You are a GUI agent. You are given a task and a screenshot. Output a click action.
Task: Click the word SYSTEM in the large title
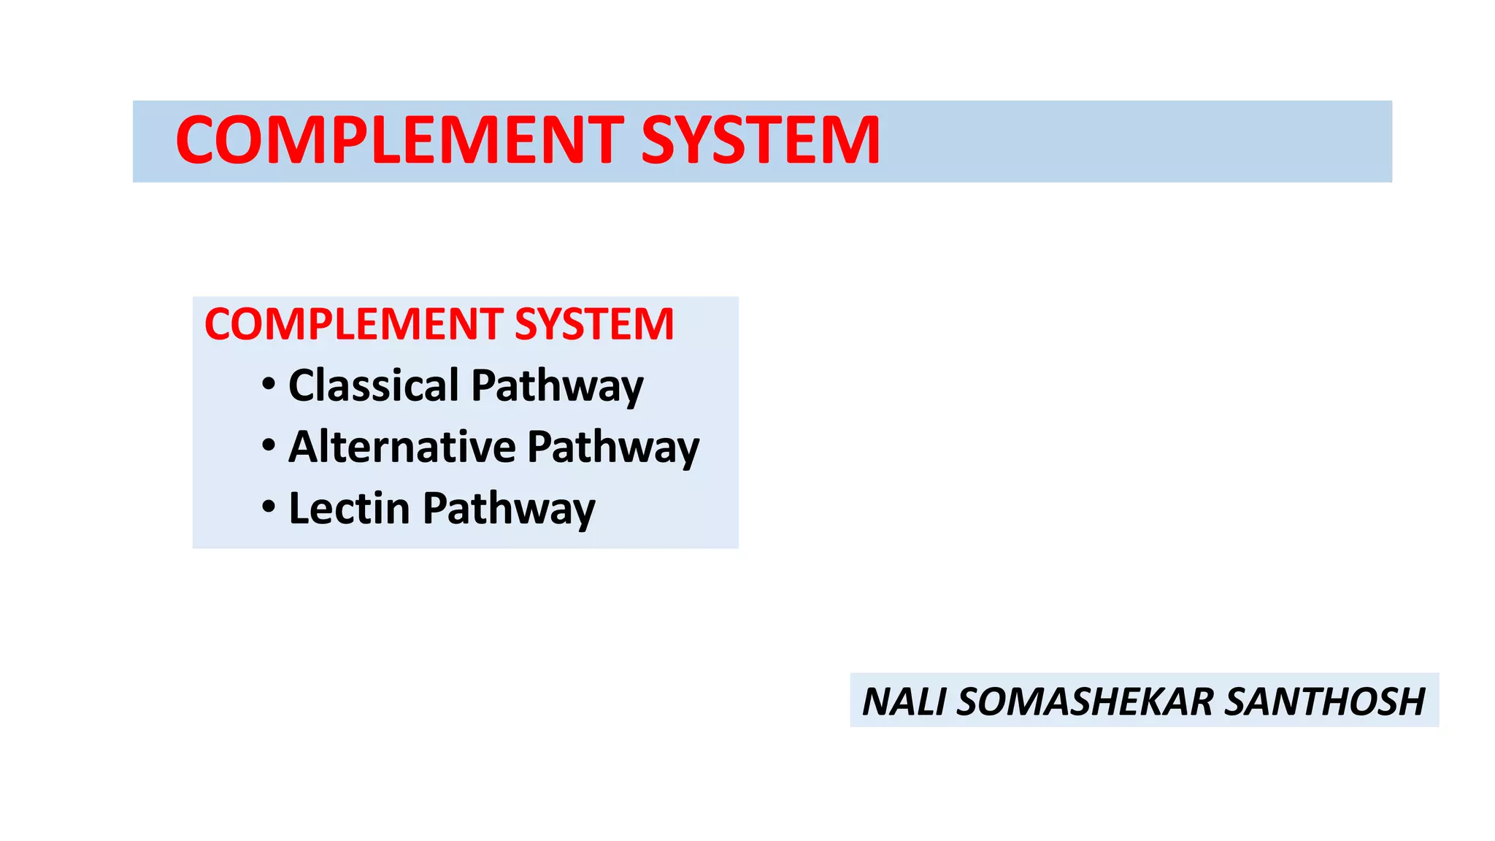[761, 140]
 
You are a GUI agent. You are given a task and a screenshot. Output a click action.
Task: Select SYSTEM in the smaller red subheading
[594, 324]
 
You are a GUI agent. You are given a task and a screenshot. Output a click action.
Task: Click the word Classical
[374, 385]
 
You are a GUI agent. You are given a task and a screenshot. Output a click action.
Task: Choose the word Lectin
[349, 507]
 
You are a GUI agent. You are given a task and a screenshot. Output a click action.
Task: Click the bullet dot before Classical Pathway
[269, 383]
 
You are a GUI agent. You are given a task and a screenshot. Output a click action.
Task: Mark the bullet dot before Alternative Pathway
[269, 445]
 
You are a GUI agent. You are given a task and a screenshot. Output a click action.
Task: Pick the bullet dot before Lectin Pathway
[269, 506]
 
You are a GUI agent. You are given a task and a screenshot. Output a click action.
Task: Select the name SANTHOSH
[1324, 702]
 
